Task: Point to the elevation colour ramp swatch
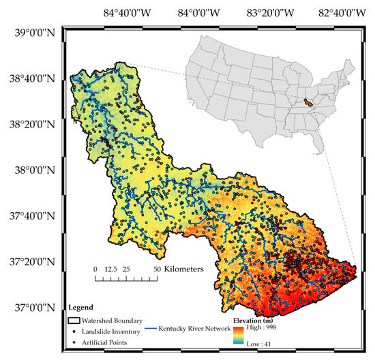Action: pyautogui.click(x=238, y=335)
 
